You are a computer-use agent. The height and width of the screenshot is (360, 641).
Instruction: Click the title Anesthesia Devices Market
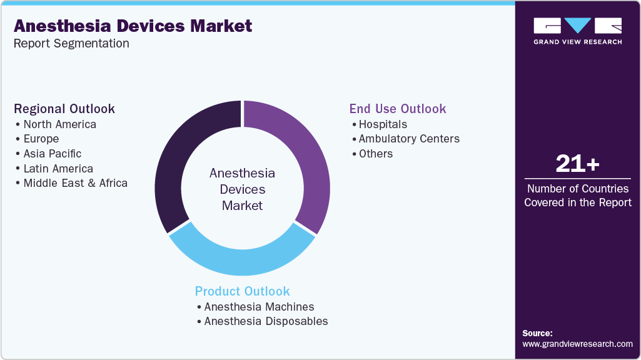[133, 26]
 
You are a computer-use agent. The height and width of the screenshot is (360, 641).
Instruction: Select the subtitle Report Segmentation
[71, 44]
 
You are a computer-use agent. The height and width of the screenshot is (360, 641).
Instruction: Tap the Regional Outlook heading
[64, 109]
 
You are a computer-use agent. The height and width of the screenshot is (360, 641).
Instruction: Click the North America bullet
[59, 124]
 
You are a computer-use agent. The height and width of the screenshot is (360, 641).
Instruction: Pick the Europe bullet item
[41, 139]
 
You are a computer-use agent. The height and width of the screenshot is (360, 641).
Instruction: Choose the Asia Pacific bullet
[52, 154]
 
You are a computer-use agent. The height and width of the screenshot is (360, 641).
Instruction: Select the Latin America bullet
[58, 169]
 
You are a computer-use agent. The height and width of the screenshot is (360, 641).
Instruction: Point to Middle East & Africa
[75, 183]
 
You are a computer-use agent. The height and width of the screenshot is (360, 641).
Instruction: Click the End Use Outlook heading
[398, 109]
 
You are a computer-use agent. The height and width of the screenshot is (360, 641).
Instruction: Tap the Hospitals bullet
[383, 124]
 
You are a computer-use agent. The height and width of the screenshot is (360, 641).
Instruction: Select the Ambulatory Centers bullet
[409, 139]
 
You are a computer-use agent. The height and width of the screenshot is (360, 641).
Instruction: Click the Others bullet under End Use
[375, 154]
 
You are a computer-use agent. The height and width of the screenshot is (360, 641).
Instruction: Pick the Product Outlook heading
[243, 291]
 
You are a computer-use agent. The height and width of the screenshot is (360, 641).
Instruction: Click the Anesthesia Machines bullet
[259, 307]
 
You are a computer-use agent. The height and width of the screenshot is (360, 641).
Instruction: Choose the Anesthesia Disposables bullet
[266, 321]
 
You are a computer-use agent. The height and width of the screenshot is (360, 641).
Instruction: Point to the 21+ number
[577, 164]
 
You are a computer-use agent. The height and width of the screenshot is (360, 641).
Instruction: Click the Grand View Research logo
[577, 31]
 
